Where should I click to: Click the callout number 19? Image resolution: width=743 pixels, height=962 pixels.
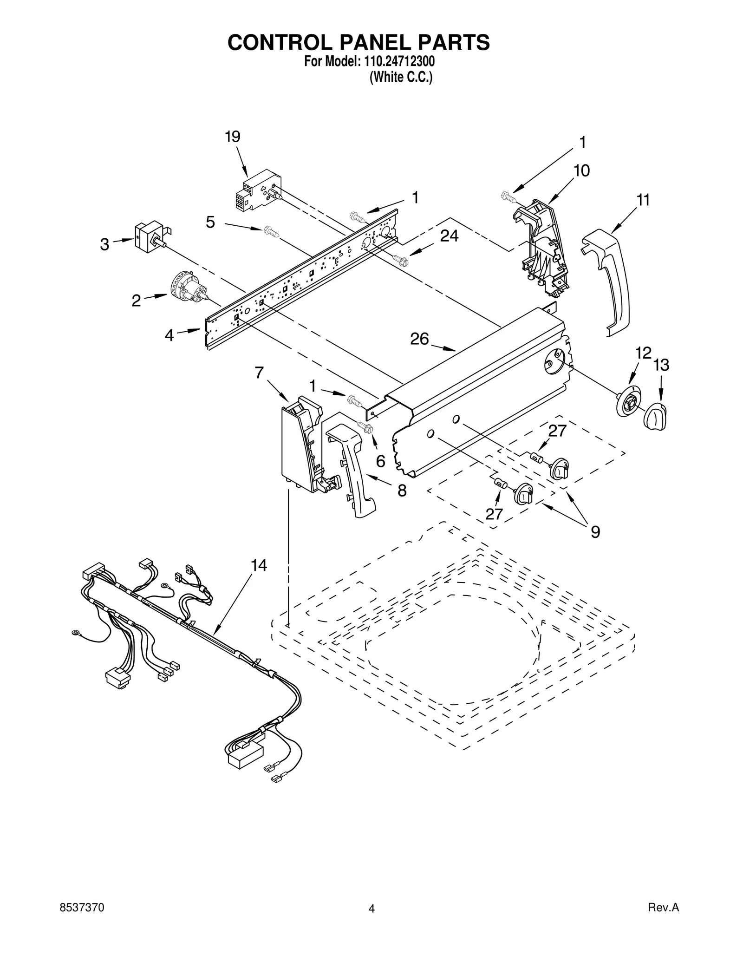[233, 137]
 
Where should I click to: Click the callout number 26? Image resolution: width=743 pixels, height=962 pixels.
[419, 339]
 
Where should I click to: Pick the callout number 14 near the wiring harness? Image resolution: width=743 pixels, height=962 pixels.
[259, 565]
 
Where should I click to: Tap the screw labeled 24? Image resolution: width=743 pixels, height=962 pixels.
[399, 260]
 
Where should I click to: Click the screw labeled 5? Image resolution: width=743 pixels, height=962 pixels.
[271, 231]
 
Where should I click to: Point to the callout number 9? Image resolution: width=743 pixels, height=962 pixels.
[595, 531]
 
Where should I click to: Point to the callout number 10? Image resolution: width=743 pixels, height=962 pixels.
[581, 171]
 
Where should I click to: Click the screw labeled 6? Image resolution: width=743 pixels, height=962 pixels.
[365, 427]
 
